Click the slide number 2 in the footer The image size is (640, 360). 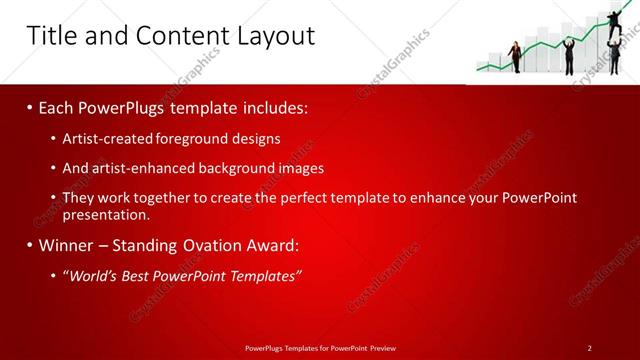590,347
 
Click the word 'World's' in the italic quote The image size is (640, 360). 93,276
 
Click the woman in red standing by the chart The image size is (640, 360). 516,56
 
